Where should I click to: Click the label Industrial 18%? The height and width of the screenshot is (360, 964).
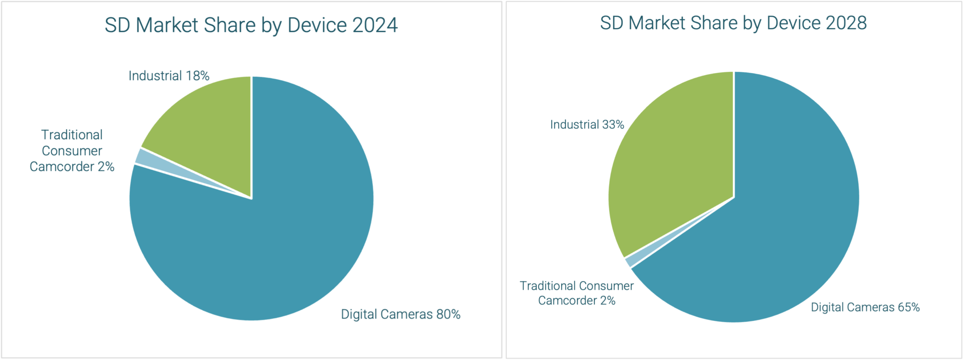click(x=169, y=76)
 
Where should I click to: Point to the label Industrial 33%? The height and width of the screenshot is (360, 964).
click(x=587, y=125)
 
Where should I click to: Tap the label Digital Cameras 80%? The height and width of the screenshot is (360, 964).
click(x=401, y=314)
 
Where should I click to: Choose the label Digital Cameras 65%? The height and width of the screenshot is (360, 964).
click(x=865, y=307)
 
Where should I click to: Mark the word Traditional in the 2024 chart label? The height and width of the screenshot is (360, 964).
click(x=72, y=135)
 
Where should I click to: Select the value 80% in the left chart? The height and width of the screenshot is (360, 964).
click(x=448, y=314)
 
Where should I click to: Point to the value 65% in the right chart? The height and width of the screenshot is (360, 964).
click(x=908, y=307)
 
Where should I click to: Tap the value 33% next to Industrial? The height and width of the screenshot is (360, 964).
click(x=613, y=125)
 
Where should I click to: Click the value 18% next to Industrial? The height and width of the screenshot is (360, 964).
click(x=197, y=76)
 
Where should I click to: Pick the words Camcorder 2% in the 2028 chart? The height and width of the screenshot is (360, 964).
click(x=577, y=301)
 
